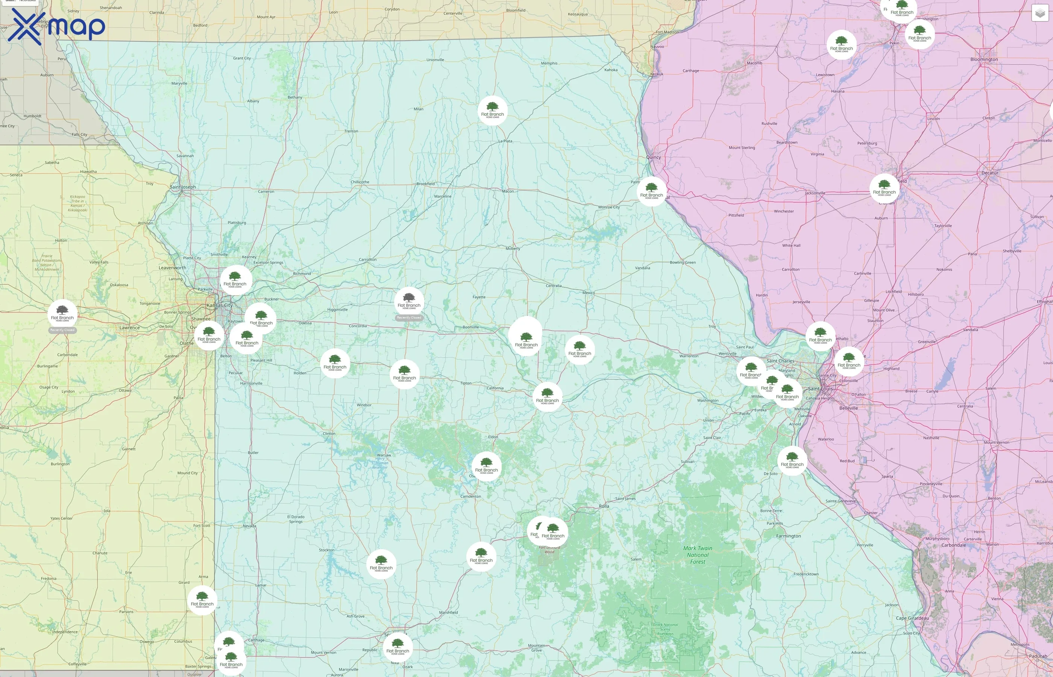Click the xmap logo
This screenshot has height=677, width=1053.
(56, 26)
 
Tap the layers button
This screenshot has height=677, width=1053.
(1040, 13)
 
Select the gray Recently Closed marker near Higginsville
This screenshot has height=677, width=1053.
(409, 303)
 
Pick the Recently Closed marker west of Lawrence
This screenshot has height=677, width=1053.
(62, 315)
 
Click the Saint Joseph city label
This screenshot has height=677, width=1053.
(183, 187)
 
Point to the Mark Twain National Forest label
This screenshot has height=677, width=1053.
(698, 555)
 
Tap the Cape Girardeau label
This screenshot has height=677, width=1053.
(912, 618)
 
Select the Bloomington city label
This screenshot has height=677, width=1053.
(984, 59)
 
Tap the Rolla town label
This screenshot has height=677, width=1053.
(604, 506)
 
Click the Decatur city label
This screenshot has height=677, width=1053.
(990, 173)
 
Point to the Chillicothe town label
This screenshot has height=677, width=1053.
(360, 182)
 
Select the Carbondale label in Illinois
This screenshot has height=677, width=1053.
(953, 545)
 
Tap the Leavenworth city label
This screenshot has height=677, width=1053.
(172, 268)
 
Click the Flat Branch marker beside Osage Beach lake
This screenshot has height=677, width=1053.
(486, 466)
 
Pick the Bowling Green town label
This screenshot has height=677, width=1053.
(683, 263)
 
